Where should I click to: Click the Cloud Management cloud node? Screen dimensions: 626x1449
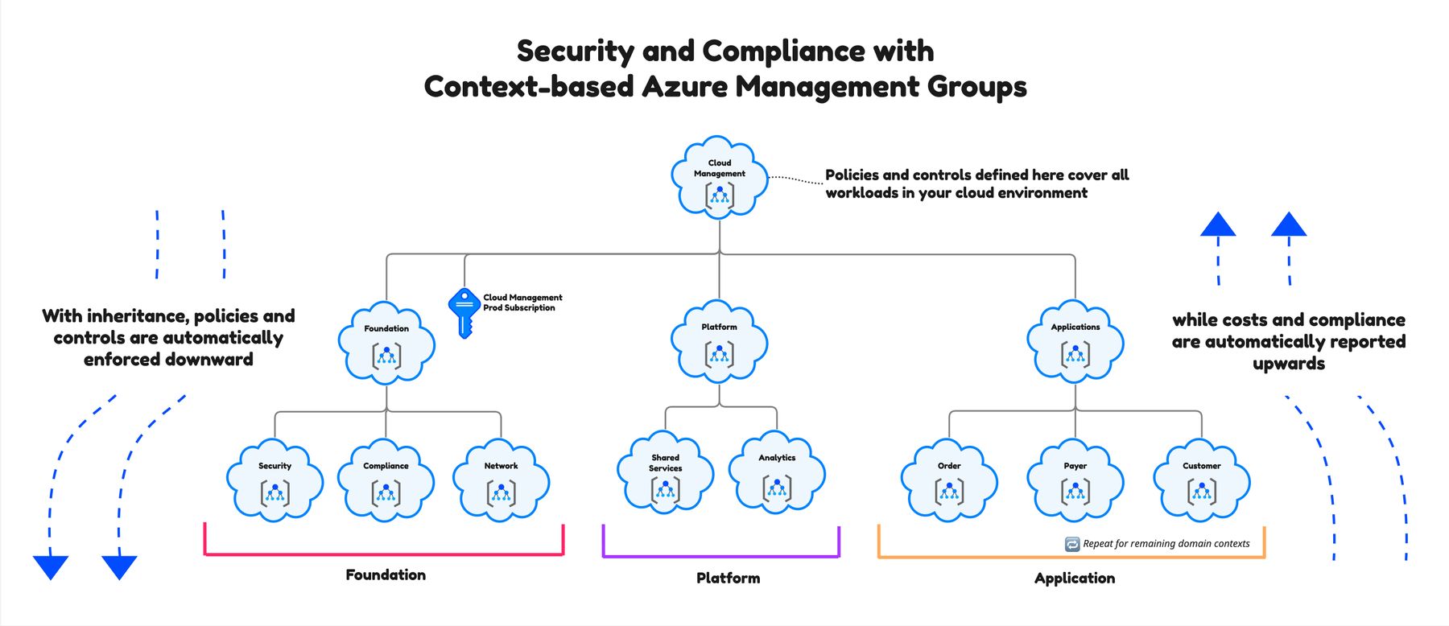[x=719, y=179]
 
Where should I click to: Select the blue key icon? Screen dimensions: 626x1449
[x=464, y=311]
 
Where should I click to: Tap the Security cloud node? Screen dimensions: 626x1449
[x=275, y=480]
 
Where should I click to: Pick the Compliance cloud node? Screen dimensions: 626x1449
[x=386, y=480]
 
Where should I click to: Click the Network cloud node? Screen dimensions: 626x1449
[x=501, y=480]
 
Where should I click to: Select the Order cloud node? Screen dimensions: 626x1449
[x=949, y=480]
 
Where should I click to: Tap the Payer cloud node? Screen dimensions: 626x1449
[x=1075, y=480]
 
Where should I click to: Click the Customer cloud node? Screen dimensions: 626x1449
[x=1201, y=480]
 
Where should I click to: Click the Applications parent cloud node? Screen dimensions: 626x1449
[x=1075, y=341]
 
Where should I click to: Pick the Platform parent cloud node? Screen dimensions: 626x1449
[x=719, y=341]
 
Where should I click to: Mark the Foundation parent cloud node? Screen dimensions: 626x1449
[x=386, y=344]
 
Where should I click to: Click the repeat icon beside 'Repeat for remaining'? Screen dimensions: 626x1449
[x=1072, y=544]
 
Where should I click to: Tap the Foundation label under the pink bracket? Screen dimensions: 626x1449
[x=386, y=575]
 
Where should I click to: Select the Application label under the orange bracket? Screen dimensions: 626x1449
[x=1075, y=578]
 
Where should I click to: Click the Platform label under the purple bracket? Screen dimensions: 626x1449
[x=728, y=578]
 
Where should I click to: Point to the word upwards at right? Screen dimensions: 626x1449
[x=1288, y=364]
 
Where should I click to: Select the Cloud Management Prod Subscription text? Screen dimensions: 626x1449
[x=522, y=303]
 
